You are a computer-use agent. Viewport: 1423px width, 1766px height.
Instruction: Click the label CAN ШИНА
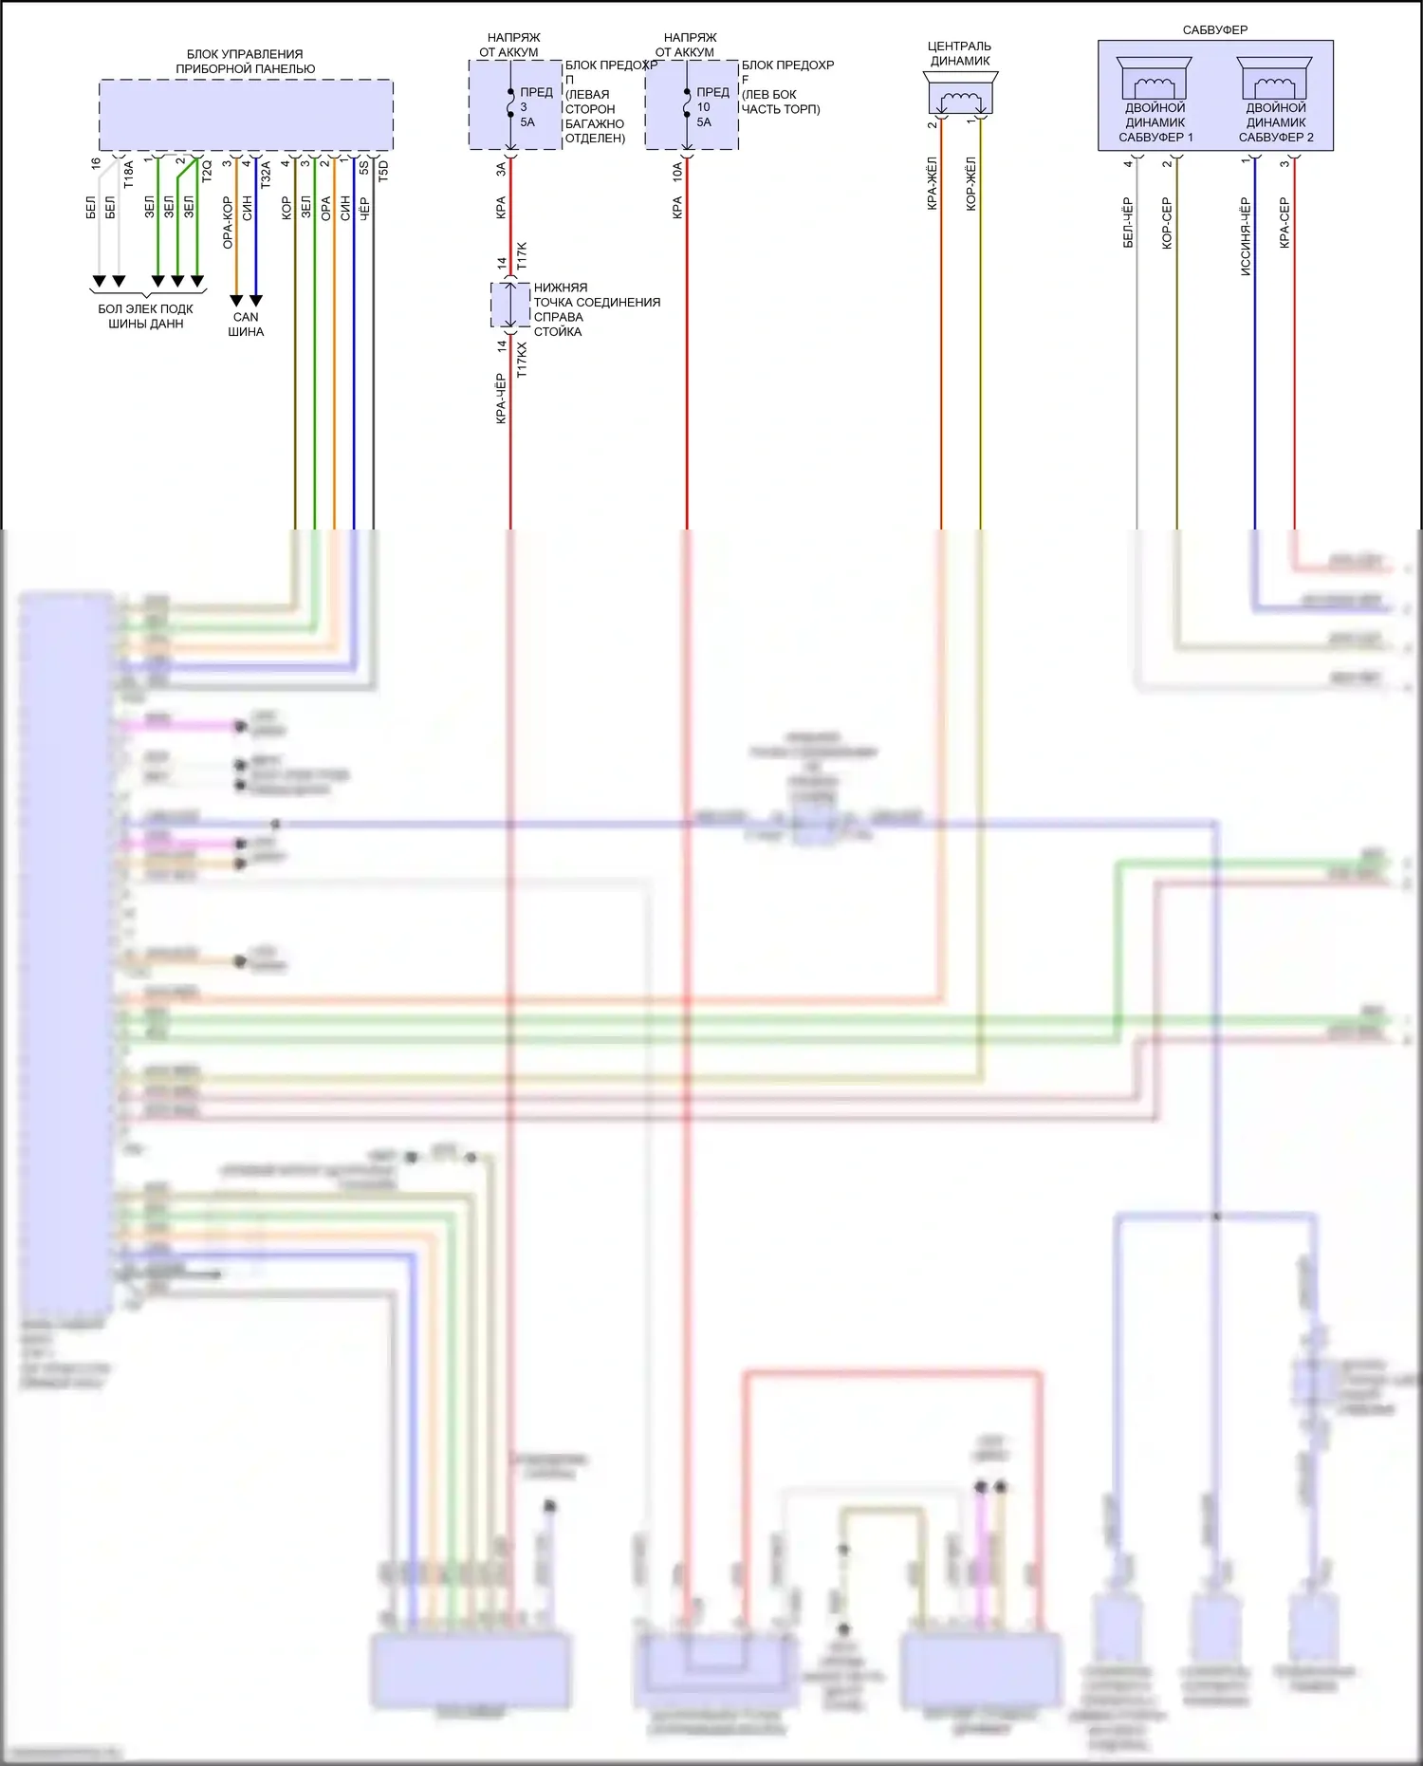246,325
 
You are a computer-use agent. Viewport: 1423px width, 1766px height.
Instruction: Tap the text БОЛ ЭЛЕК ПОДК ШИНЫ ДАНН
145,316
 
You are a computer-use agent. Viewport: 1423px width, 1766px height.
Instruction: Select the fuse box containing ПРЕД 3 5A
515,105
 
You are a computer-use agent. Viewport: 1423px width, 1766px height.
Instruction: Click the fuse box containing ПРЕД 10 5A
692,105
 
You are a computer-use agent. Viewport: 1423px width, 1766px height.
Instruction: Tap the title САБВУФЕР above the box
1214,30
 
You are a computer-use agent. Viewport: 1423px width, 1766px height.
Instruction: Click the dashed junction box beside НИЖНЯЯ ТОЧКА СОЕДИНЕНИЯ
510,306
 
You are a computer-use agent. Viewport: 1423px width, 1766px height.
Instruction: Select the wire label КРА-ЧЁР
501,399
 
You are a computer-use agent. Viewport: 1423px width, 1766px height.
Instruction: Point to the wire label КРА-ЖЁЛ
932,183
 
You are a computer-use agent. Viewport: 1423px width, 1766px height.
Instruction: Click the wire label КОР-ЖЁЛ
970,183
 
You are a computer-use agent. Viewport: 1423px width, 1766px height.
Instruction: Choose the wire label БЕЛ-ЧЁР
1128,223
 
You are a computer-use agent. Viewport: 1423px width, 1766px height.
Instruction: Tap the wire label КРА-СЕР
1284,223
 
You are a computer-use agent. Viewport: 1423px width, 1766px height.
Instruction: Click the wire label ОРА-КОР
228,223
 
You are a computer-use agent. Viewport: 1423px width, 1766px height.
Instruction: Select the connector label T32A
266,175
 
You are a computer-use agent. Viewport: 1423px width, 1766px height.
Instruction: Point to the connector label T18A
129,175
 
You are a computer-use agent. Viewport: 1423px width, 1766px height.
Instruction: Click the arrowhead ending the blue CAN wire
256,301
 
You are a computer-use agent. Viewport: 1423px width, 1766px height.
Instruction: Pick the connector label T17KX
522,361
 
